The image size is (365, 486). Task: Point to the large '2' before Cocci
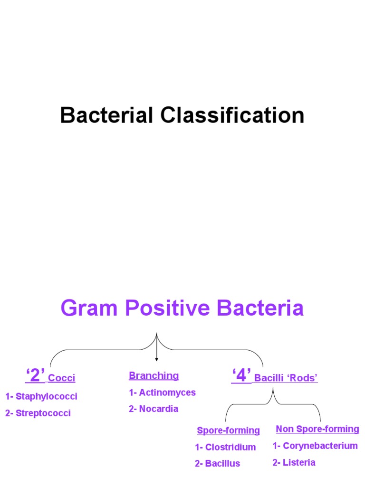click(x=35, y=376)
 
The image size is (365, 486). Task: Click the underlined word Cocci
click(x=62, y=378)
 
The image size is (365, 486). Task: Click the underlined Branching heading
click(x=154, y=376)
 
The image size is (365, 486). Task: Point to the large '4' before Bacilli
click(x=241, y=376)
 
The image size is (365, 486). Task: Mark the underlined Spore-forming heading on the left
click(x=228, y=430)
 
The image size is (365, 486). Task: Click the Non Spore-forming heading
click(x=317, y=429)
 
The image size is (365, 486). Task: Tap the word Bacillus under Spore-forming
click(x=223, y=464)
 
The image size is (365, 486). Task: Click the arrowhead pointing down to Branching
click(x=156, y=359)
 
